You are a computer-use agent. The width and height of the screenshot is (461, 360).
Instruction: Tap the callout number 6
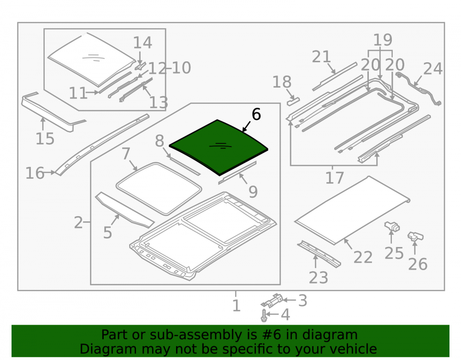coord(256,114)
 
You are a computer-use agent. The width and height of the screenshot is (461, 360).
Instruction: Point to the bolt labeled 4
coord(264,315)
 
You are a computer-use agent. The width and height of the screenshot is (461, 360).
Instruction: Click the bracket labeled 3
coord(272,301)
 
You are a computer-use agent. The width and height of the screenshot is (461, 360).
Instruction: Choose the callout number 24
coord(433,69)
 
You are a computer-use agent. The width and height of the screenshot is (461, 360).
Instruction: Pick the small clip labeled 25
coord(392,226)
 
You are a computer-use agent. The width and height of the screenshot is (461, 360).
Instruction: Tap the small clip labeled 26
coord(415,236)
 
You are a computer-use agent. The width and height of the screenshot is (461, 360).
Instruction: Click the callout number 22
coord(363,257)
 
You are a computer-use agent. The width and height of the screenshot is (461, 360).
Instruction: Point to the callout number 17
coord(335,178)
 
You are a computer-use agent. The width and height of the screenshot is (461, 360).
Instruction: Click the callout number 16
coord(35,173)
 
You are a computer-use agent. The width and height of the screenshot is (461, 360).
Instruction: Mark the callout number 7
coord(126,153)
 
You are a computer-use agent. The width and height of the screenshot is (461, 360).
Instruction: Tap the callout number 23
coord(319,277)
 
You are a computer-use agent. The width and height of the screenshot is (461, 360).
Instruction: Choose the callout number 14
coord(142,43)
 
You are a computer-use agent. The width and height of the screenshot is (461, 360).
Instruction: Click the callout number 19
coord(383,40)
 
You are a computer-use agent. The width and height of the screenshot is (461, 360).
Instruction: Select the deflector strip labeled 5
coord(124,210)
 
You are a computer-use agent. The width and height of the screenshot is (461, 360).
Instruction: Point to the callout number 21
coord(321,57)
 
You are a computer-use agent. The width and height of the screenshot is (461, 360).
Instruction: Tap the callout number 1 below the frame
coord(236,306)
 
